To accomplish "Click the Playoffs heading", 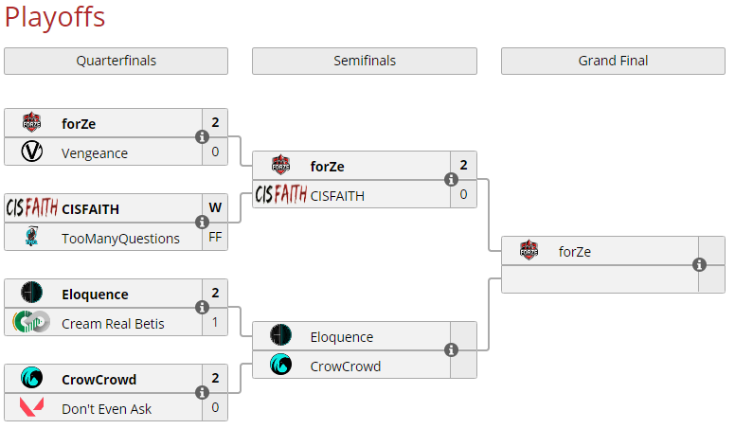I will pos(55,17).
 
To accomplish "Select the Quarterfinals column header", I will pos(116,61).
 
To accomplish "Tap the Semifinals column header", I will pos(364,61).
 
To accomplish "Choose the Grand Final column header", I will pos(613,61).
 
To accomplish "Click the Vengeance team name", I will pos(95,152).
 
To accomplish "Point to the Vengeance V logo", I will pos(31,152).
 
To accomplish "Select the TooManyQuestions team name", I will pos(120,238).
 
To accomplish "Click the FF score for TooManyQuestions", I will pos(215,238).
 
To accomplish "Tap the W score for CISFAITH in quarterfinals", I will pos(215,208).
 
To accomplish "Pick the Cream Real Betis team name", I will pos(113,323).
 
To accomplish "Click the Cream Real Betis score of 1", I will pos(215,323).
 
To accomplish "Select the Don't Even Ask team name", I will pos(107,408).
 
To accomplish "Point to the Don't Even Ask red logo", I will pos(31,408).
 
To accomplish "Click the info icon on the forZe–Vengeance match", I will pos(202,137).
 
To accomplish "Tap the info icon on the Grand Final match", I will pos(699,265).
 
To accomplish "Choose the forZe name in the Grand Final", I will pos(575,251).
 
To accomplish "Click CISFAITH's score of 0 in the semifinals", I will pos(463,195).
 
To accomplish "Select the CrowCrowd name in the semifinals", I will pos(346,366).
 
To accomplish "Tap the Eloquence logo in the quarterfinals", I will pos(31,294).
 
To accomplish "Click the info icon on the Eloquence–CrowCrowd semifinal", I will pos(451,350).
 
